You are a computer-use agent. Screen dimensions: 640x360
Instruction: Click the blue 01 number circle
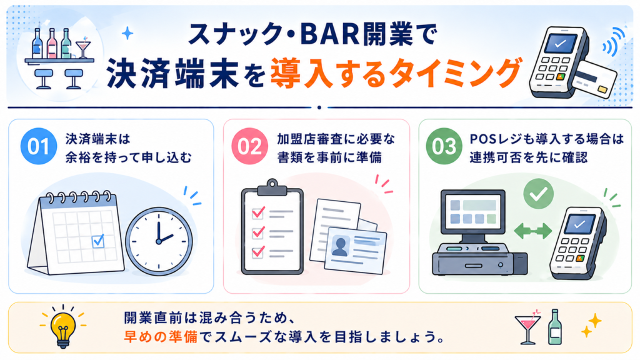pyautogui.click(x=39, y=146)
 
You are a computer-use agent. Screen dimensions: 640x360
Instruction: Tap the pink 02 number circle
pyautogui.click(x=250, y=146)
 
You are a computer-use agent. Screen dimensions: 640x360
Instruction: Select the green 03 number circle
pyautogui.click(x=444, y=146)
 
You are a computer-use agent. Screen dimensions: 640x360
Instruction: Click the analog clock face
pyautogui.click(x=159, y=241)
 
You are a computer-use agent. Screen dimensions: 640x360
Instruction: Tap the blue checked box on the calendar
pyautogui.click(x=98, y=241)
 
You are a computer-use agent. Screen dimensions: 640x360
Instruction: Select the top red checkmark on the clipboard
pyautogui.click(x=258, y=212)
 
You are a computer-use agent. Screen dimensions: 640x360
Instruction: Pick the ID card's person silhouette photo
pyautogui.click(x=340, y=246)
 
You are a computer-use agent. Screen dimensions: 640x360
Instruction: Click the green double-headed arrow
pyautogui.click(x=532, y=231)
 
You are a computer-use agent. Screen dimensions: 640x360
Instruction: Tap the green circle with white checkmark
pyautogui.click(x=538, y=194)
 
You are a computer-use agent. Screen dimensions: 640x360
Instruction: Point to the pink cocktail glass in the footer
pyautogui.click(x=528, y=326)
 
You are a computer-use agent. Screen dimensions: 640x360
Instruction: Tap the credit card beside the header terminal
pyautogui.click(x=594, y=79)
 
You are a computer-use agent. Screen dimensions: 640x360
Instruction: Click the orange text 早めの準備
pyautogui.click(x=161, y=337)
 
